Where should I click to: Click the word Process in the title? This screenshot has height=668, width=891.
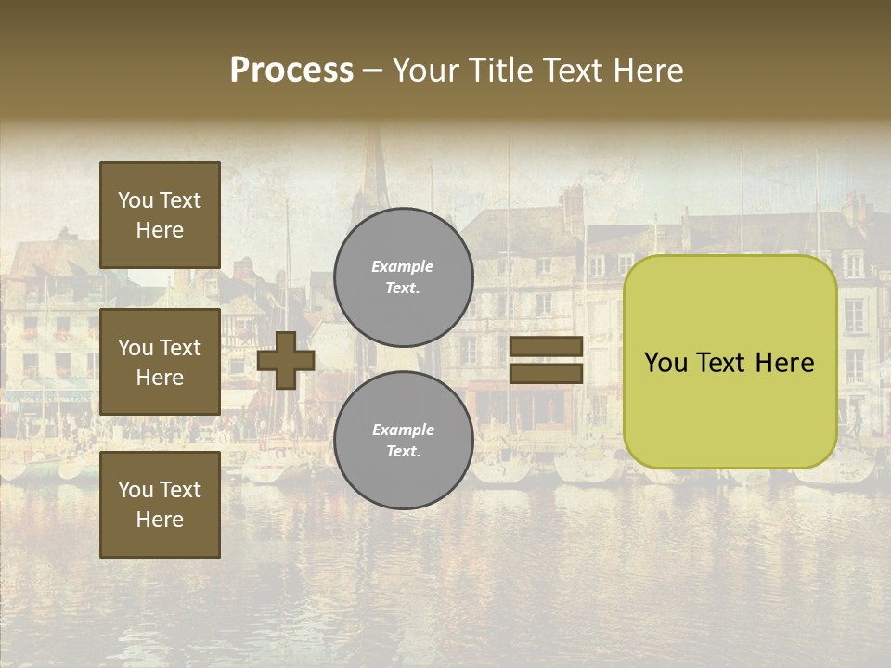coord(291,71)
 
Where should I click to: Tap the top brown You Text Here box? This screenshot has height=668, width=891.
coord(160,215)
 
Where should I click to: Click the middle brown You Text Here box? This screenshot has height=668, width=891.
coord(160,362)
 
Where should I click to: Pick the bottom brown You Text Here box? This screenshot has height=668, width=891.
coord(160,504)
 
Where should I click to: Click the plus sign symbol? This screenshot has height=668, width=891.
coord(286,361)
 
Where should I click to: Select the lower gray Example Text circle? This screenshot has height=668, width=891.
coord(403,441)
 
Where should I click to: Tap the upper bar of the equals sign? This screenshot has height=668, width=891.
coord(546,347)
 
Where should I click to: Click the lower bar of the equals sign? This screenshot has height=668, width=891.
coord(546,374)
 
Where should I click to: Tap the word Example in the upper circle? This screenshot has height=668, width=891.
coord(403,266)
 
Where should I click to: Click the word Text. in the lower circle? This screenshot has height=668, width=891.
coord(403,452)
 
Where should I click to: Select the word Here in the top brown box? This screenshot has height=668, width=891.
coord(160,230)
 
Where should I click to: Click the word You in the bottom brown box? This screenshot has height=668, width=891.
coord(136,490)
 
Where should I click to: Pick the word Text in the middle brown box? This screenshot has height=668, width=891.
coord(181,348)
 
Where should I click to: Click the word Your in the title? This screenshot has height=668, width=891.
coord(425,71)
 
